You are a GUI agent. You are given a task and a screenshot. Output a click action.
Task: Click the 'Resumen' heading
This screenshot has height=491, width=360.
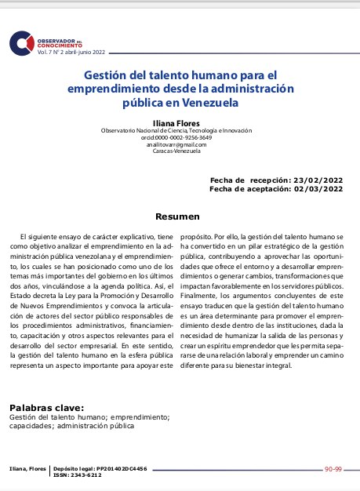coord(178,216)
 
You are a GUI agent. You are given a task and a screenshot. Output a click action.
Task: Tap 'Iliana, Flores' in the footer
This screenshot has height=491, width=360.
coord(27,468)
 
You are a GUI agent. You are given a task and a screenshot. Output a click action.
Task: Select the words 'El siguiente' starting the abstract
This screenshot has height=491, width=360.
coord(43,236)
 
